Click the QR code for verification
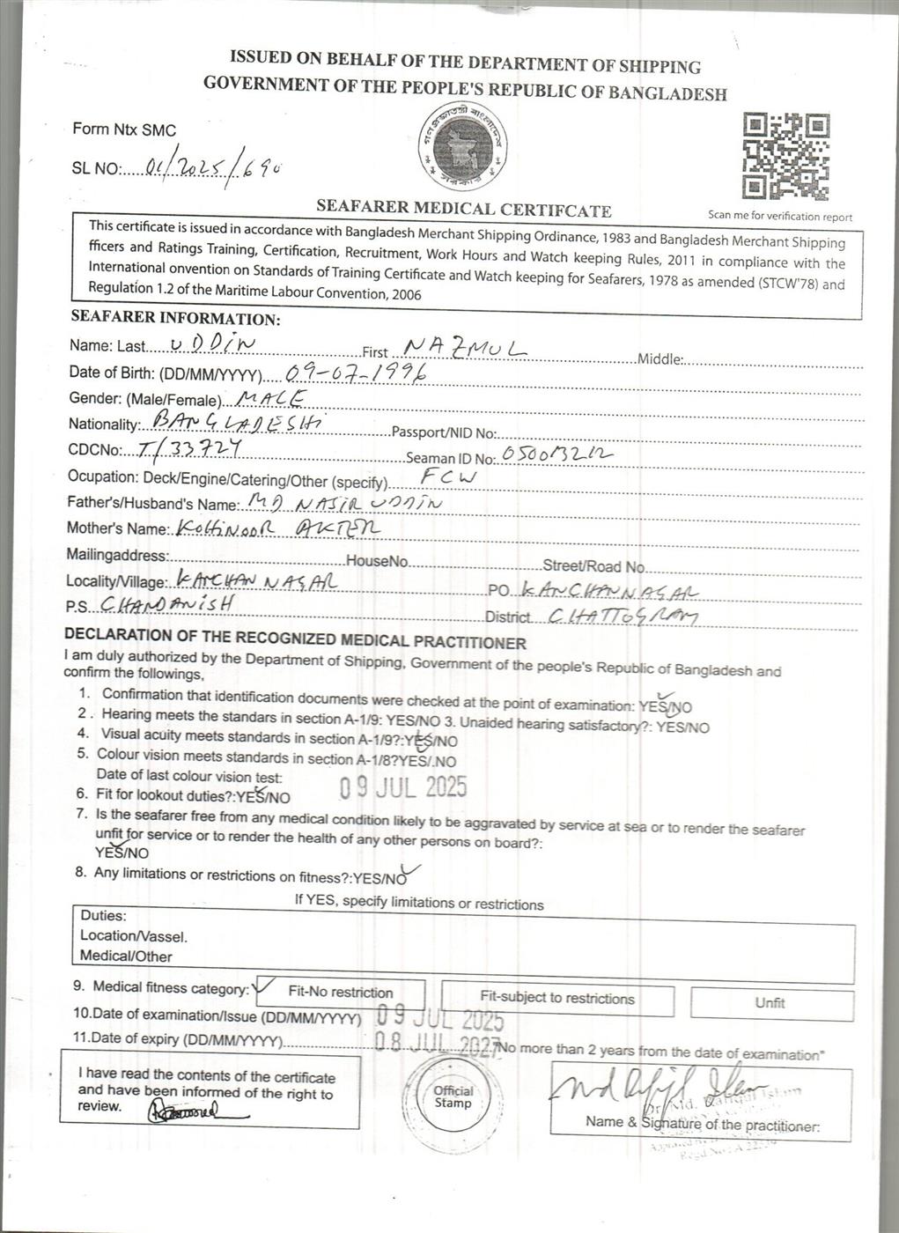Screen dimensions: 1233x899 point(785,156)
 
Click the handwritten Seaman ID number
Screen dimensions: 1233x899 point(555,454)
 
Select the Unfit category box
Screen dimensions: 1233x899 point(770,1003)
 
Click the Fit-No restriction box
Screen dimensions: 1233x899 point(340,992)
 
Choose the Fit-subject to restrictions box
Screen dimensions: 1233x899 point(557,998)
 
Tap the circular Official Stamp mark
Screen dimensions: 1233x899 point(453,1096)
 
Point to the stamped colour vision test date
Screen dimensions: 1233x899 point(403,786)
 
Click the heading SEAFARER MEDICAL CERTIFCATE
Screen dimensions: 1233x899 point(464,210)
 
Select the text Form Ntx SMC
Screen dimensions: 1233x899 point(124,129)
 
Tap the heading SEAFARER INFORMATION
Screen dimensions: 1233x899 point(175,318)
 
